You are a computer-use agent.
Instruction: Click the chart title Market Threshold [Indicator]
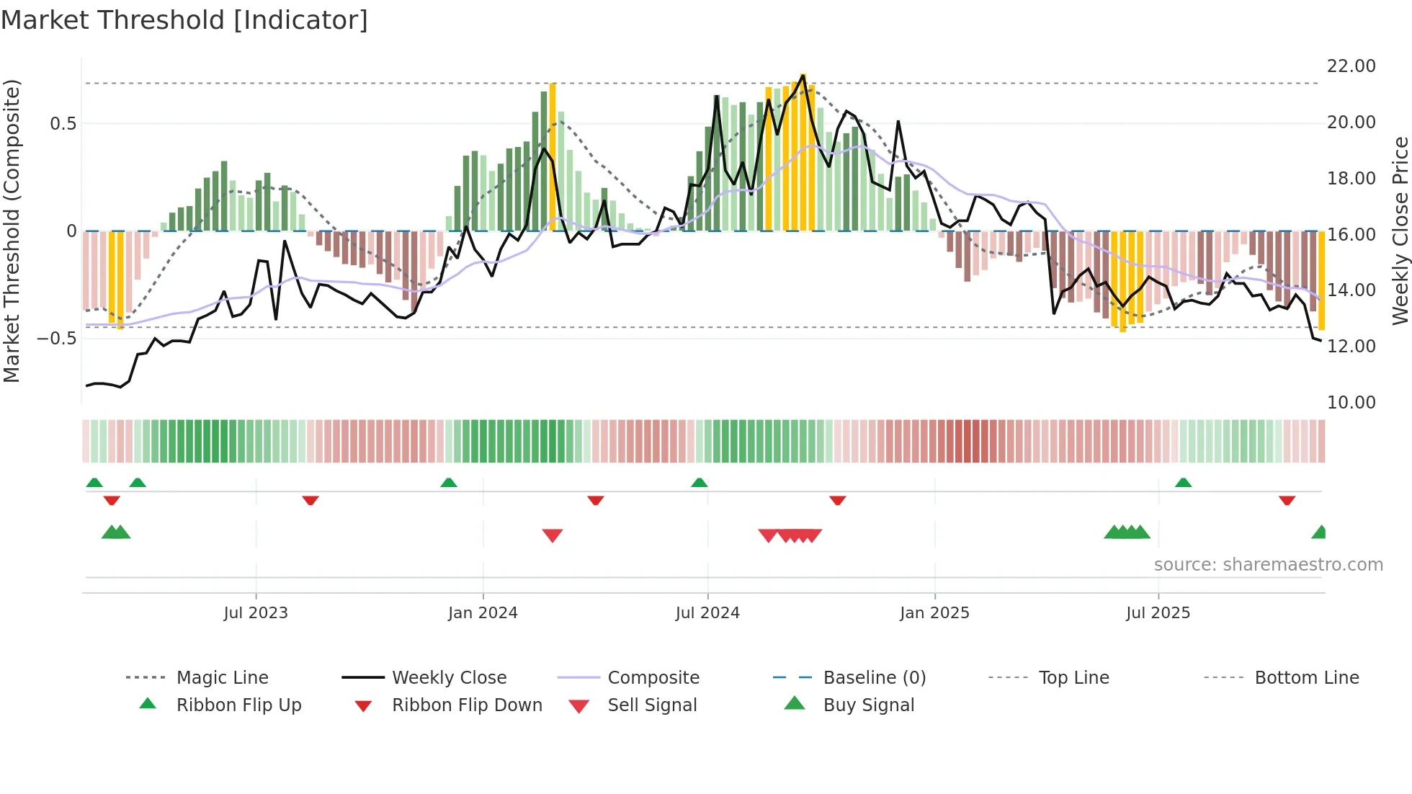184,20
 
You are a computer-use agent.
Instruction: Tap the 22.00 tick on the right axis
1351,66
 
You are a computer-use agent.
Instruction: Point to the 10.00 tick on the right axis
1351,403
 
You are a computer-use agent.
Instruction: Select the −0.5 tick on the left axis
57,339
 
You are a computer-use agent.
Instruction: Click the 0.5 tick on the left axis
63,124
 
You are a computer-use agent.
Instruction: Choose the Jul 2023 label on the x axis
256,613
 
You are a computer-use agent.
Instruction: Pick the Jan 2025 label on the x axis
934,613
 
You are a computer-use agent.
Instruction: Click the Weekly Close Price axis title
1399,231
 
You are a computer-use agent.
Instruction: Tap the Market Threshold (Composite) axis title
12,231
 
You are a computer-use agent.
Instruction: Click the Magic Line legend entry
222,678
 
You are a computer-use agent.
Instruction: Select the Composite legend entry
653,678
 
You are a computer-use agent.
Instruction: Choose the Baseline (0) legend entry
874,678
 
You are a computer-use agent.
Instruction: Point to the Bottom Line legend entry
1306,678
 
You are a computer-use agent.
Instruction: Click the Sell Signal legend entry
652,705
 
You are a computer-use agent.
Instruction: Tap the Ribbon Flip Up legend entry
238,705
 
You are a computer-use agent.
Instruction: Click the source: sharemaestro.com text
1268,565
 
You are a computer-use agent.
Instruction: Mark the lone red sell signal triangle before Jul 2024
553,535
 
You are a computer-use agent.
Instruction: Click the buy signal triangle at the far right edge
1320,532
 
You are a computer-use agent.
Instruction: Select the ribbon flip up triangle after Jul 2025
1183,483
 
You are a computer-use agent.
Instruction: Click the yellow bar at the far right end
1321,281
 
